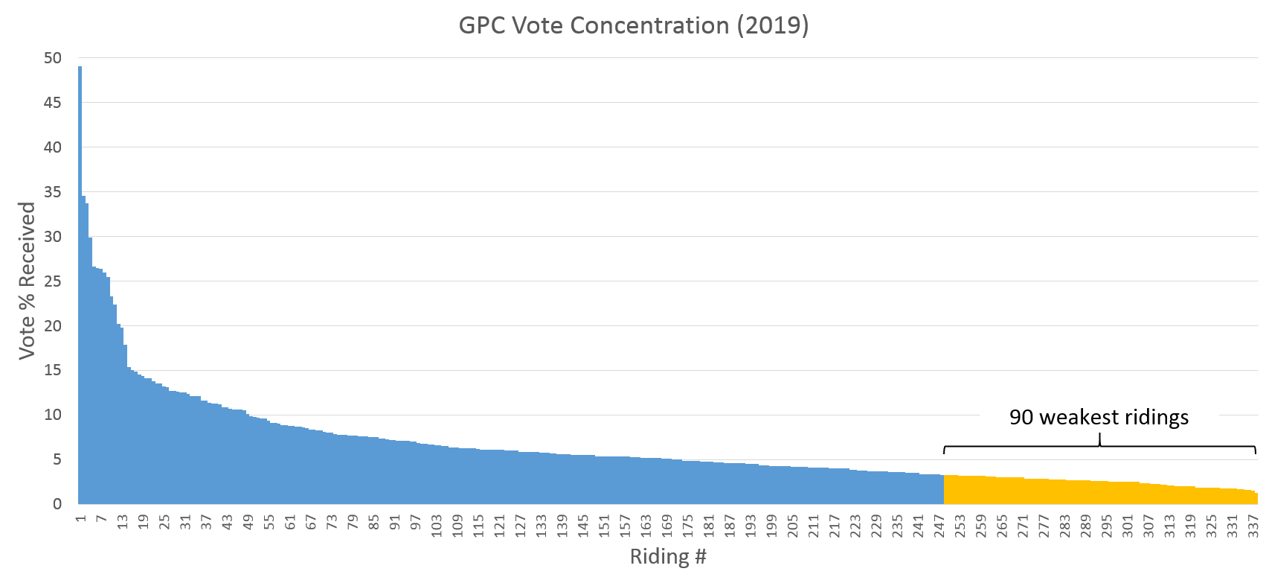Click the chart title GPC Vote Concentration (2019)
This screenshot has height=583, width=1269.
(x=634, y=25)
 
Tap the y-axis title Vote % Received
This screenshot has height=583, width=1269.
(x=28, y=281)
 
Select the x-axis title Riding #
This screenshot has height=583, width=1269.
(x=667, y=556)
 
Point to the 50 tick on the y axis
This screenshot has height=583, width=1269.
(x=53, y=58)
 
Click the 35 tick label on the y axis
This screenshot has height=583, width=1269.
(x=53, y=192)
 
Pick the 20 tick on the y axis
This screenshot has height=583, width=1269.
(x=53, y=326)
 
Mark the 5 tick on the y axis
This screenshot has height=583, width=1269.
(x=57, y=459)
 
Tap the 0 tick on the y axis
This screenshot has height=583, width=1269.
(x=57, y=504)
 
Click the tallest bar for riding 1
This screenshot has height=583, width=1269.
(x=80, y=283)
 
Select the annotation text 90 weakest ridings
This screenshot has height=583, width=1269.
(x=1099, y=417)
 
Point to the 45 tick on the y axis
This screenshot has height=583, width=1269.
(x=53, y=103)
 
